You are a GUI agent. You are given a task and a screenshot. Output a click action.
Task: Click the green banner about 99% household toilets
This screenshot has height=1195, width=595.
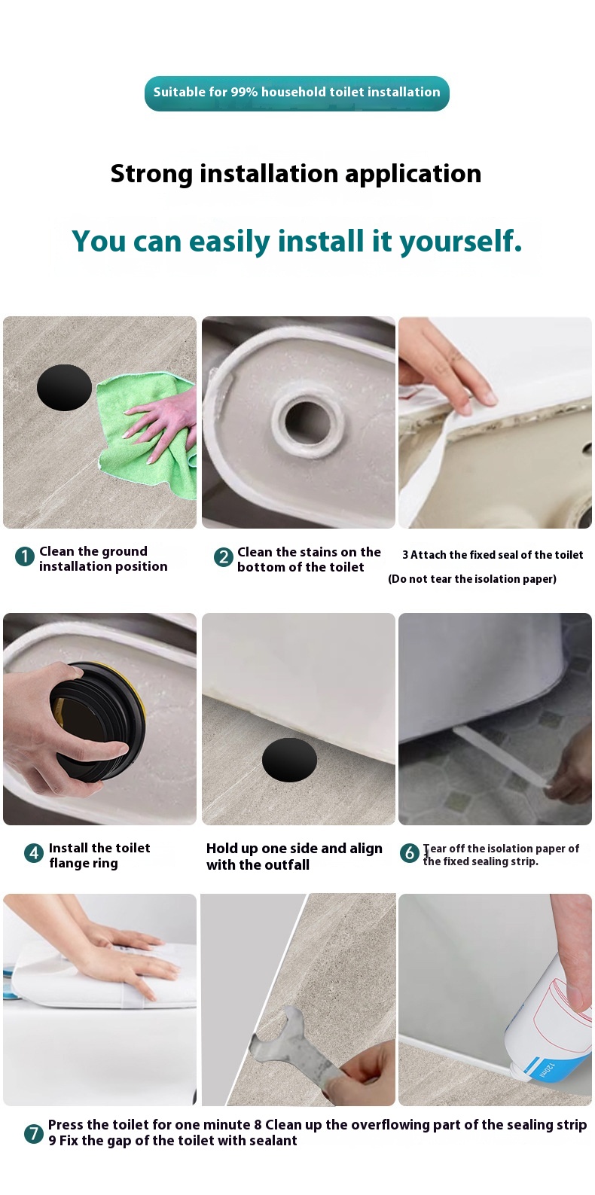click(297, 93)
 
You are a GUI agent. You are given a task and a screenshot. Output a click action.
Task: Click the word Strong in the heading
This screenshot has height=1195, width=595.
click(151, 175)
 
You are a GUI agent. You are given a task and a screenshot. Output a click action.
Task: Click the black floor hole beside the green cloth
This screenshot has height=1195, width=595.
click(64, 387)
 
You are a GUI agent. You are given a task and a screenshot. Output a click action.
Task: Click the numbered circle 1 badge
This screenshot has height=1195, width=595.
click(25, 556)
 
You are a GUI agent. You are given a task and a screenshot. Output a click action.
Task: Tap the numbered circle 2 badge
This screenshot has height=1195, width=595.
click(224, 557)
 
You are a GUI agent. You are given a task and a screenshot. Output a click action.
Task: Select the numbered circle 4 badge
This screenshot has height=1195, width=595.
click(34, 853)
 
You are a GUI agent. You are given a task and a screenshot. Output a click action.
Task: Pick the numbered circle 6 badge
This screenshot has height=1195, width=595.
click(410, 852)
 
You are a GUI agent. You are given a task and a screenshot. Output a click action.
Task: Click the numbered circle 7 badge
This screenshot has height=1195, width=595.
click(34, 1133)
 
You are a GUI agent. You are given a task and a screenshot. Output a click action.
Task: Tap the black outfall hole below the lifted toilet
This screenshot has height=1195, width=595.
click(290, 760)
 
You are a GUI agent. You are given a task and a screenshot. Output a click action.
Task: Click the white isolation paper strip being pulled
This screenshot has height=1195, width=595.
click(501, 756)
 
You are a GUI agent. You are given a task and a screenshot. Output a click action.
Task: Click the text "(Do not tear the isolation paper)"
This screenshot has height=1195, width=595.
click(472, 579)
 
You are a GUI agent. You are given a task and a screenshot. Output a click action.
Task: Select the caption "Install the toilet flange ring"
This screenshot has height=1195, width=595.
click(99, 855)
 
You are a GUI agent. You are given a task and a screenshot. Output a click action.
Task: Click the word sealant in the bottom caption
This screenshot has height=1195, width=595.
click(270, 1141)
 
